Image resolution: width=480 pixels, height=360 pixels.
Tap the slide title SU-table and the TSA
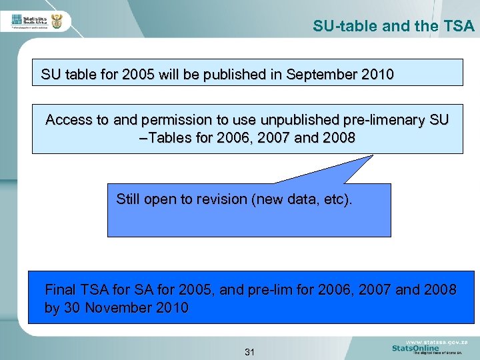pos(393,27)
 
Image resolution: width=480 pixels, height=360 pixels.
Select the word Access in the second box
pos(69,120)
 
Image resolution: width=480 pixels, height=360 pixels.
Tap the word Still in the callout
pos(129,199)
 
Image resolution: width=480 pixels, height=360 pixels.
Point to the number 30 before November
pos(69,308)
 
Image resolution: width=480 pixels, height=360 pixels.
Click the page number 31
pos(250,351)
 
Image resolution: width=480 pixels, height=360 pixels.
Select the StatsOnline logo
pos(415,348)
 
